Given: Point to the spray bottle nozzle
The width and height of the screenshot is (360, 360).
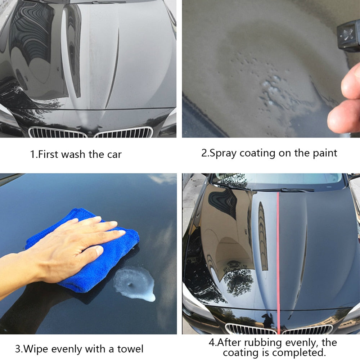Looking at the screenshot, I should coord(347,36).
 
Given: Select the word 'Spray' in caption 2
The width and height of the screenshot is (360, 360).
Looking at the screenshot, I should coord(223,153).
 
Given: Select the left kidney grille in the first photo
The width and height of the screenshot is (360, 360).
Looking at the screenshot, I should coord(58,132).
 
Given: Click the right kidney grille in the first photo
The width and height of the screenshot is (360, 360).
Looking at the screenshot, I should coord(124,132).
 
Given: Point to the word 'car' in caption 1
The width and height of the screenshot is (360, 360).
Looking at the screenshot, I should coord(114,154).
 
